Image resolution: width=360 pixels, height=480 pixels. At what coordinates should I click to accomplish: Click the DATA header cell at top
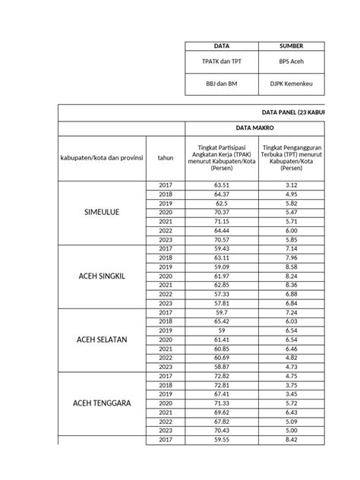pos(223,46)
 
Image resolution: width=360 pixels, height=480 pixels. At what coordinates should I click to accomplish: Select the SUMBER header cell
pos(292,46)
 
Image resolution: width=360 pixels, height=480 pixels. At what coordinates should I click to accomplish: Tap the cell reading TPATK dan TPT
pos(223,62)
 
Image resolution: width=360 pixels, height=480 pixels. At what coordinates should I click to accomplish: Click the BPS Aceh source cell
pos(292,62)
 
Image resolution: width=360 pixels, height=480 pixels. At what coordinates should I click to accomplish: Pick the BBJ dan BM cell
pos(223,84)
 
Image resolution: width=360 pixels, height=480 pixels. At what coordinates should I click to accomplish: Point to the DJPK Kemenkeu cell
pos(292,84)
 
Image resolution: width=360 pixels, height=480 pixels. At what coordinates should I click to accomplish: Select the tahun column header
pos(166,158)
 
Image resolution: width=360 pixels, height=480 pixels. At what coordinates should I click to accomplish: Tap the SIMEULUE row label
pos(101,213)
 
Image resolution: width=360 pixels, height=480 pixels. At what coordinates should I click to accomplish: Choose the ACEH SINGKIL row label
pos(101,276)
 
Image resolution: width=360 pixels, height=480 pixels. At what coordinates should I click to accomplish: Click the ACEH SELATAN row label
pos(101,339)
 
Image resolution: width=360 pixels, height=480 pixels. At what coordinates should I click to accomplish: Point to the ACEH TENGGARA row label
pos(101,403)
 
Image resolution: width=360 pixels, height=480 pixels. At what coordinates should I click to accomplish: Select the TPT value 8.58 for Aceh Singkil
pos(292,267)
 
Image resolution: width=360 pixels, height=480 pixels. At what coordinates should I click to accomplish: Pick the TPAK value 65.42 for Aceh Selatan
pos(223,322)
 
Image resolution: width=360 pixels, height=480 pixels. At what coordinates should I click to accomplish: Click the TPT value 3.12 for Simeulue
pos(292,185)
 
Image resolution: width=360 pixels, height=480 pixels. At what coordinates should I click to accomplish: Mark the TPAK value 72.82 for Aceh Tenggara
pos(223,376)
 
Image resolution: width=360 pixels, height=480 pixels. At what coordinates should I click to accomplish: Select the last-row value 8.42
pos(292,440)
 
